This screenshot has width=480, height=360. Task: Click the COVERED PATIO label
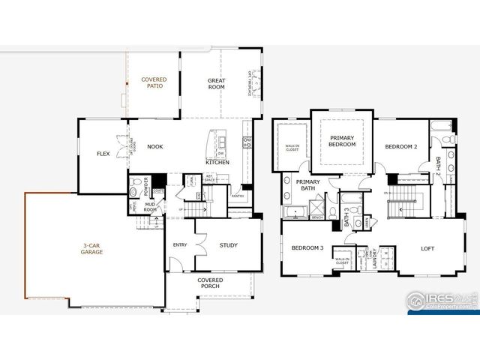point(154,82)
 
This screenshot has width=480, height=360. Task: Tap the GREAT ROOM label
point(217,82)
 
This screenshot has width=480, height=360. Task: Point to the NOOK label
point(155,147)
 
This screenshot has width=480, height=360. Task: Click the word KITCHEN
point(217,163)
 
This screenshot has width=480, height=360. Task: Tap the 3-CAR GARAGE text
point(93,248)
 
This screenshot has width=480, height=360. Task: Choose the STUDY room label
point(229,244)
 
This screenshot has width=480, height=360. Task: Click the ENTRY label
point(180,244)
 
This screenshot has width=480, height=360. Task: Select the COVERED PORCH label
point(210,283)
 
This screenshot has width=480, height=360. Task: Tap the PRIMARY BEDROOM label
point(342,140)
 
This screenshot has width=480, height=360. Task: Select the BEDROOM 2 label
point(401,147)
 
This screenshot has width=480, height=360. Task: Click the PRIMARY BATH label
point(308,186)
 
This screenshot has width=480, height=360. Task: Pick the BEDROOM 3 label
point(307,247)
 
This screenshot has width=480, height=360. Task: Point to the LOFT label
point(427,248)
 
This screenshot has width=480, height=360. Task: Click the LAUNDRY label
point(373,257)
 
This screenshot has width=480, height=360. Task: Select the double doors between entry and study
point(196,244)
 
